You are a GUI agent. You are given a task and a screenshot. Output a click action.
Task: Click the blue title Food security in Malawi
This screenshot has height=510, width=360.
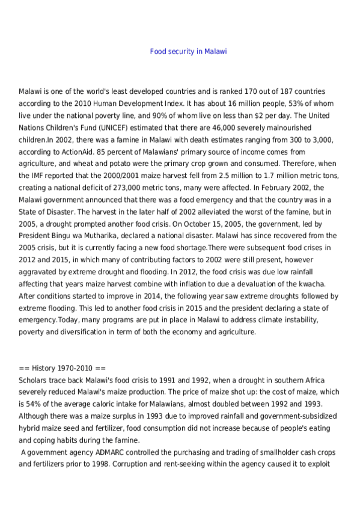[x=188, y=52]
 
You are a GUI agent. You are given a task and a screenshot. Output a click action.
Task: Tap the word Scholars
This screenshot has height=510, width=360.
[x=34, y=379]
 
